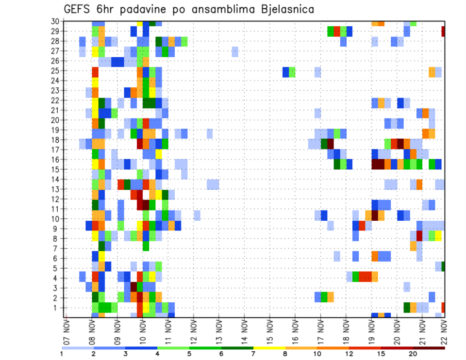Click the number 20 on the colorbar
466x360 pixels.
[x=413, y=354]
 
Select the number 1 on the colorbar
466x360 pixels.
[x=62, y=354]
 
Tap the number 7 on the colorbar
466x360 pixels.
[x=253, y=354]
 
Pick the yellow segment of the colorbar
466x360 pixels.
[x=269, y=348]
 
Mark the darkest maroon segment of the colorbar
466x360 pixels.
[x=429, y=348]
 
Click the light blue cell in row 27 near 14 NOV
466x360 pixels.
[x=235, y=51]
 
